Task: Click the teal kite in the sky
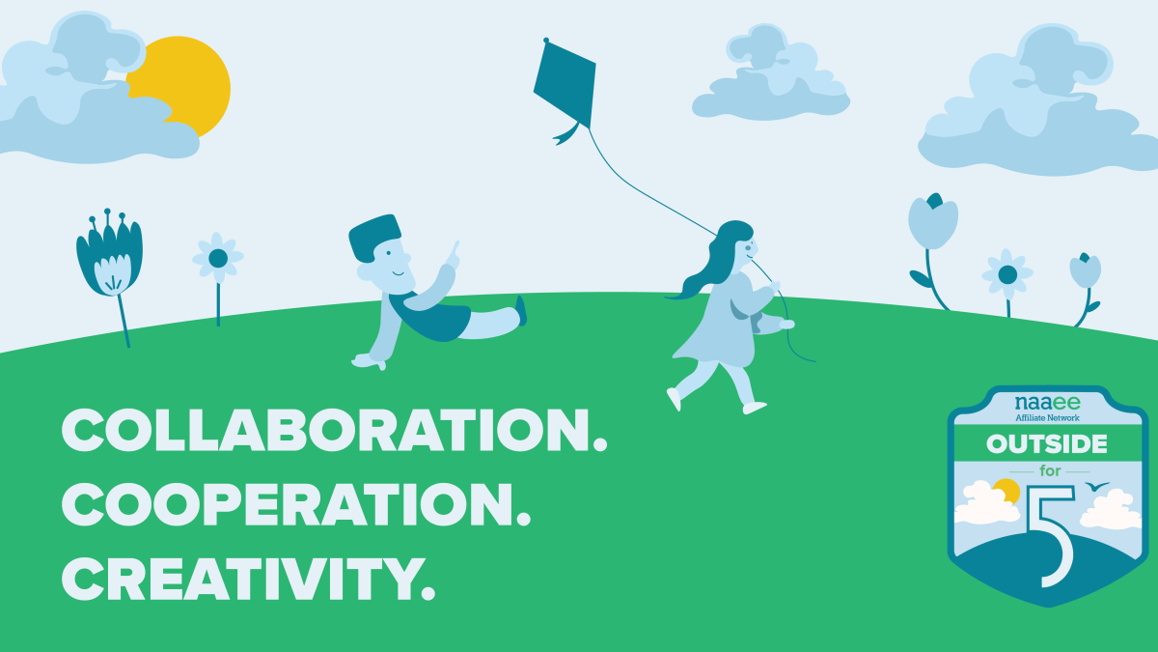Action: pyautogui.click(x=566, y=83)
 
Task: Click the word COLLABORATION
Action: pyautogui.click(x=334, y=431)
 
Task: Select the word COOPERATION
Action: pyautogui.click(x=295, y=504)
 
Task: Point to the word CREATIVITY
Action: pyautogui.click(x=248, y=579)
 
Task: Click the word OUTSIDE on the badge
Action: pyautogui.click(x=1047, y=444)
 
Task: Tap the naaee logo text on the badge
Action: pyautogui.click(x=1047, y=402)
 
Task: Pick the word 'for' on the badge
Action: pyautogui.click(x=1050, y=471)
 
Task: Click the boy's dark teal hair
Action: pyautogui.click(x=373, y=237)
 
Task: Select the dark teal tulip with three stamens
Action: pyautogui.click(x=110, y=253)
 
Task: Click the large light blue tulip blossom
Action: pyautogui.click(x=932, y=221)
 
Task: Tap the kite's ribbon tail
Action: pyautogui.click(x=567, y=133)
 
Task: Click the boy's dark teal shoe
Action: pyautogui.click(x=521, y=310)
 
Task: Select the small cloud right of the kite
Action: pyautogui.click(x=770, y=74)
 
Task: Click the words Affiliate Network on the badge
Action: pyautogui.click(x=1047, y=417)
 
